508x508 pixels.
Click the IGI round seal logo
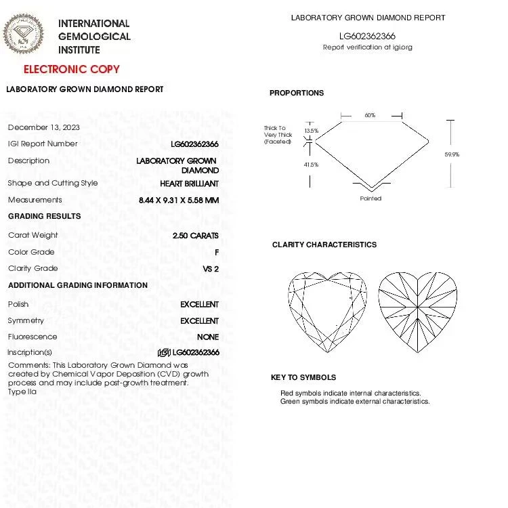point(24,35)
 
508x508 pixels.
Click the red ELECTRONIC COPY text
point(72,69)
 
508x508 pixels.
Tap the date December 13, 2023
point(44,127)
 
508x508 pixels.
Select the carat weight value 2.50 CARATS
point(196,236)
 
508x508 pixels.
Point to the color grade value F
point(216,252)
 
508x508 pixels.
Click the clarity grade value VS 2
point(211,269)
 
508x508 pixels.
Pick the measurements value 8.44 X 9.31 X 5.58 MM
point(179,200)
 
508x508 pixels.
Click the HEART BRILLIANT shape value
point(189,184)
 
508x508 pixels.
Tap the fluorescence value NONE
point(208,337)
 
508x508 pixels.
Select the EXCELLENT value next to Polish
point(199,305)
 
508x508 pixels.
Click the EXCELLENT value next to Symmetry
point(199,321)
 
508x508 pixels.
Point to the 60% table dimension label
point(370,116)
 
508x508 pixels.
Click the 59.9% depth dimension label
point(452,155)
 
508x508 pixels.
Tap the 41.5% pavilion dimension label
point(311,165)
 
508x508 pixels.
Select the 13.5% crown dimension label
point(311,131)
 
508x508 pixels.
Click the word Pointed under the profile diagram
point(371,198)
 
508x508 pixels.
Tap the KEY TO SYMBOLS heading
point(303,377)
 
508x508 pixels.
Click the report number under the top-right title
point(368,37)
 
